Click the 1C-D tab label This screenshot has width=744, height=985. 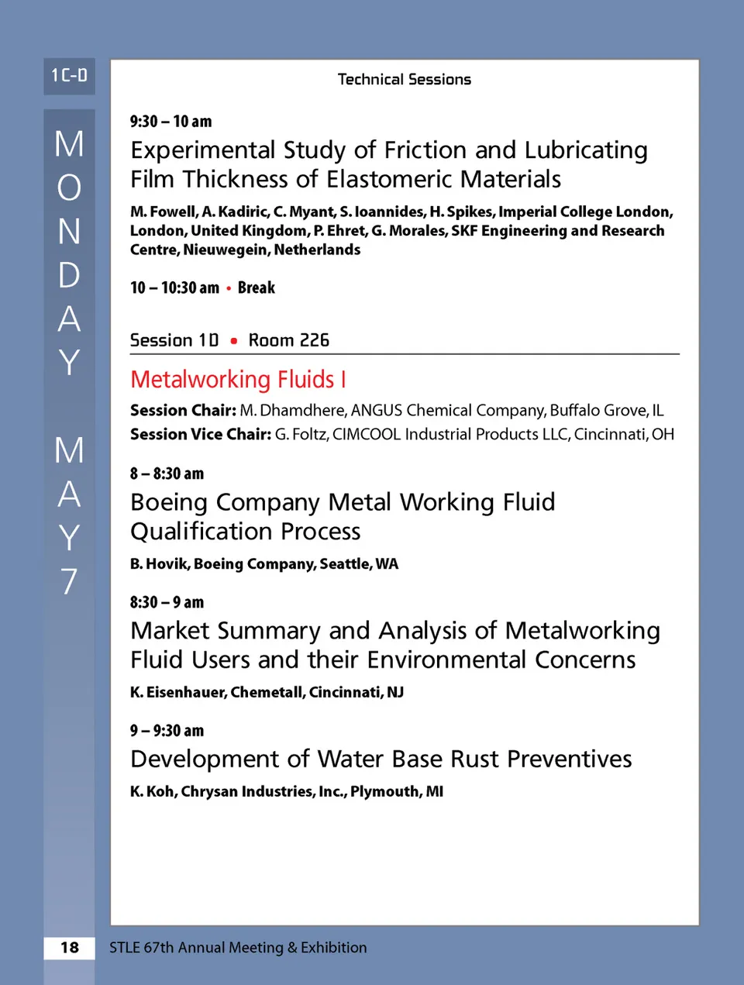coord(69,76)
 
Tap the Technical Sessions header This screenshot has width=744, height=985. coord(404,79)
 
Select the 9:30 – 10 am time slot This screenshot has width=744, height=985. coord(170,122)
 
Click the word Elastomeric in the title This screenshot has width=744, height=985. coord(392,180)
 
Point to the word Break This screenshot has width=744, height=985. coord(256,288)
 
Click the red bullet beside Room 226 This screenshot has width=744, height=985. coord(234,341)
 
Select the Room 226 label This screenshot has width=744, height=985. coord(288,340)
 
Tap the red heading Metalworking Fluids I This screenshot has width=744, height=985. coord(238,380)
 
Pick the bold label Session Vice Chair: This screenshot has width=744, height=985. coord(201,435)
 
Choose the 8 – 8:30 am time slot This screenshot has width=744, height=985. coord(167,474)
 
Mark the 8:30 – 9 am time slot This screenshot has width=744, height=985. coord(167,602)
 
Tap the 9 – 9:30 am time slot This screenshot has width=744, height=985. coord(167,731)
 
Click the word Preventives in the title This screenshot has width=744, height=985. coord(570,759)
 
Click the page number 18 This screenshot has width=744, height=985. coord(70,947)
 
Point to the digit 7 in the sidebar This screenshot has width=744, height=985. coord(69,581)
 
